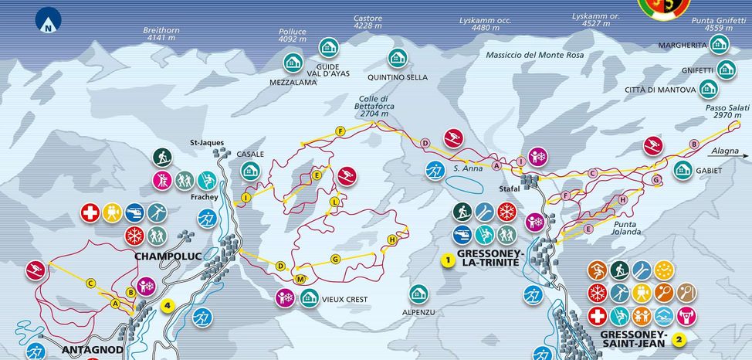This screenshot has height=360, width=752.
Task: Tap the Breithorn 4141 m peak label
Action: (161, 34)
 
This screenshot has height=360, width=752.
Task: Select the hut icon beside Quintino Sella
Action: (397, 58)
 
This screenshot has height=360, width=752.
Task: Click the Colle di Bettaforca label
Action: (374, 106)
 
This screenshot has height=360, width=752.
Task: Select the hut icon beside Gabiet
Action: (682, 170)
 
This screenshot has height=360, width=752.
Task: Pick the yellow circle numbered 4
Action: (166, 305)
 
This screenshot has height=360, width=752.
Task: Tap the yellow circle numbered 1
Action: (446, 260)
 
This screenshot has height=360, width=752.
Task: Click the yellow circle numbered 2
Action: (678, 338)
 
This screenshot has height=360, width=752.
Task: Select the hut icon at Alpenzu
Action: (418, 294)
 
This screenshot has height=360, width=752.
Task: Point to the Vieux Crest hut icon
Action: (309, 297)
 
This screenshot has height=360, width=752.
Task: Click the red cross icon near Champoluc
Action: (90, 212)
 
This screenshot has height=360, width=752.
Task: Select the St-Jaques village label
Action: (206, 142)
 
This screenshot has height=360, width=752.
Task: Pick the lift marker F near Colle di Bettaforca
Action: (340, 131)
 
